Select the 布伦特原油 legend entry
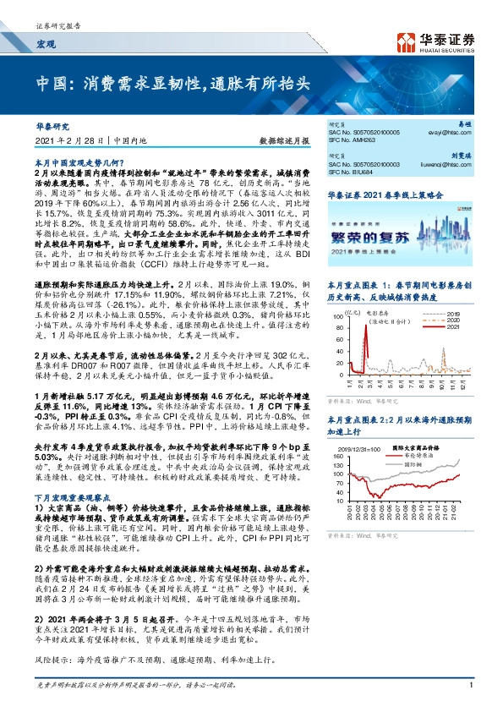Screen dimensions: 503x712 point(418,455)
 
